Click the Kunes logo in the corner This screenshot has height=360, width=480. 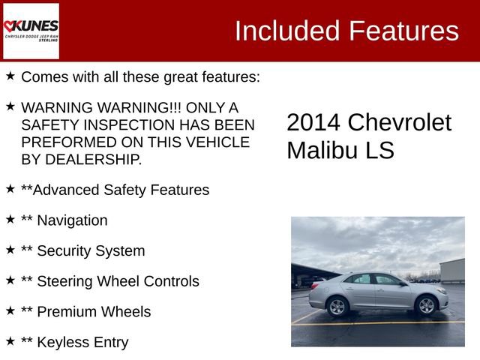point(31,31)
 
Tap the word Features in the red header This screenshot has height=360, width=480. point(404,31)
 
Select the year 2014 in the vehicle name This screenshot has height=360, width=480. point(313,122)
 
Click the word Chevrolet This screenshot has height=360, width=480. point(400,122)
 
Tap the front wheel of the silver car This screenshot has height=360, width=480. point(426,305)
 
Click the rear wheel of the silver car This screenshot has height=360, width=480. point(337,306)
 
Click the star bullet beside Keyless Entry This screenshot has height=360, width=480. point(10,341)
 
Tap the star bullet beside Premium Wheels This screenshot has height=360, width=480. point(10,310)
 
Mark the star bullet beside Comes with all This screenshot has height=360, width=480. point(10,76)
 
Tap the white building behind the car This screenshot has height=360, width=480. point(452,270)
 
